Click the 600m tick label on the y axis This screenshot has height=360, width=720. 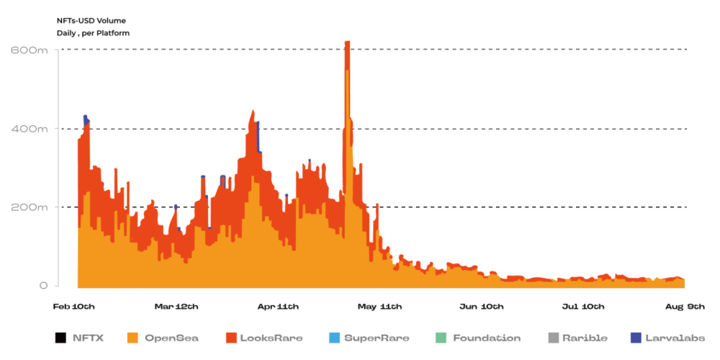[x=29, y=50]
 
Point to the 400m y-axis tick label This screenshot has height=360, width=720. [x=29, y=129]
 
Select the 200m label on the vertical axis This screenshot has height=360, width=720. [x=29, y=207]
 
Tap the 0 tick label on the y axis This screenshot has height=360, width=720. [x=43, y=286]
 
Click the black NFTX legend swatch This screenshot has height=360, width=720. [x=60, y=338]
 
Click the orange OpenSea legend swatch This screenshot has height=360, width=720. [x=132, y=338]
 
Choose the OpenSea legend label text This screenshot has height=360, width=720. [x=171, y=338]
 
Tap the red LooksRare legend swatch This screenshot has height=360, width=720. [x=231, y=338]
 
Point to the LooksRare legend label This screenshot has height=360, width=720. [x=272, y=338]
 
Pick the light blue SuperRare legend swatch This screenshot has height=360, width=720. [x=333, y=338]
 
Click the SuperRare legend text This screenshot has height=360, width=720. [x=376, y=338]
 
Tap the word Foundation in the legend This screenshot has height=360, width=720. [x=487, y=338]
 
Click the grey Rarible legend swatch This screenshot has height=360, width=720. [x=553, y=338]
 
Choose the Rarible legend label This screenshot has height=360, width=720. [x=585, y=338]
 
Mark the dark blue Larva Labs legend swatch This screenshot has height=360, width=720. [x=635, y=338]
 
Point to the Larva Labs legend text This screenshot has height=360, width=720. [x=675, y=338]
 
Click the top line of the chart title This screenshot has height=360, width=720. [x=91, y=21]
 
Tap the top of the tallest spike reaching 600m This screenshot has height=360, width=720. [x=347, y=43]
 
